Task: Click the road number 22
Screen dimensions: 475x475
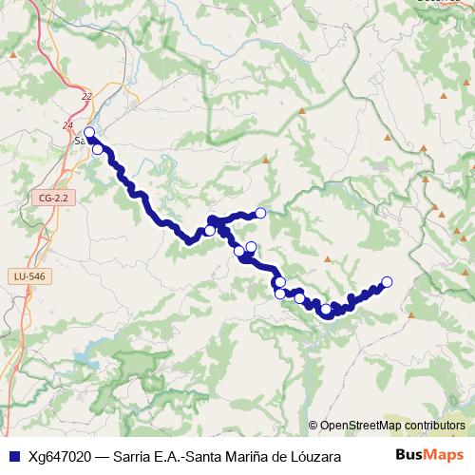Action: click(x=87, y=96)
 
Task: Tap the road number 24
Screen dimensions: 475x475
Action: click(x=66, y=124)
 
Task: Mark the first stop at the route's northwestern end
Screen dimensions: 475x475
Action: click(x=89, y=133)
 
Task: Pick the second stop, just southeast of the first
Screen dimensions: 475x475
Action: click(x=97, y=149)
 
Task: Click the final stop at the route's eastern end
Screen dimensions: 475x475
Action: click(x=387, y=281)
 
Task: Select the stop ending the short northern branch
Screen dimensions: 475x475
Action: click(x=260, y=213)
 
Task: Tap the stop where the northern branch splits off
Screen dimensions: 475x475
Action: click(x=210, y=230)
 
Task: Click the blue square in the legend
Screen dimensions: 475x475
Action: click(x=10, y=456)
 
